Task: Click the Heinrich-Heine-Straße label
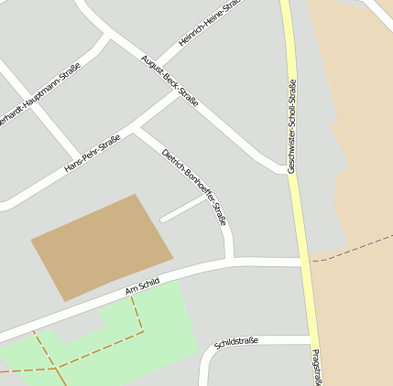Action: coord(210,23)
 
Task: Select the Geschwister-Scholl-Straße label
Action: coord(292,126)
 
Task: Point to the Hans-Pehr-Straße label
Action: coord(92,155)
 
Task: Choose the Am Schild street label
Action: coord(142,288)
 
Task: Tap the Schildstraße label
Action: coord(236,342)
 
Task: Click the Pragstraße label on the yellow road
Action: coord(315,367)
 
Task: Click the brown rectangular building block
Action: coord(102,246)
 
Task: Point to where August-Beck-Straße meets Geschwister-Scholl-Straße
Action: coord(286,169)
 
